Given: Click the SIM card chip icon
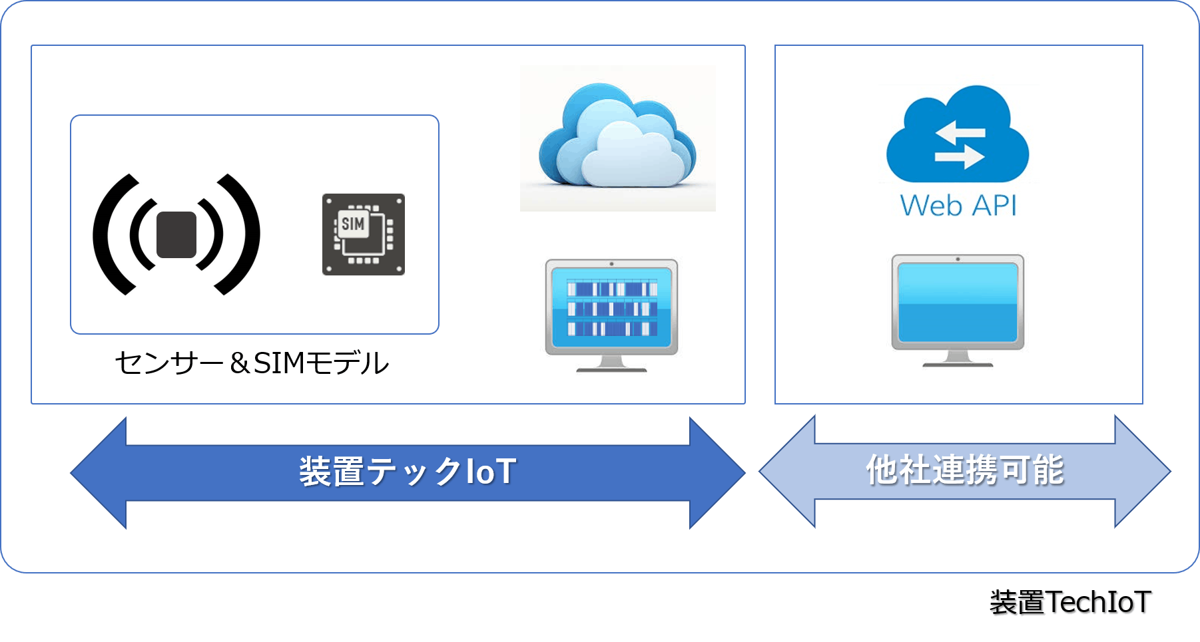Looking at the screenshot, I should [x=364, y=234].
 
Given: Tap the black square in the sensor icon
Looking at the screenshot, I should [x=176, y=234].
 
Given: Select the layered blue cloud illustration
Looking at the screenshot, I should [x=617, y=138].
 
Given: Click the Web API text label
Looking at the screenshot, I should [x=958, y=206].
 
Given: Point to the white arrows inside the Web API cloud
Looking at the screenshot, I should [x=959, y=144].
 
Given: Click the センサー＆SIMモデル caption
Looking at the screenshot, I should [x=252, y=363].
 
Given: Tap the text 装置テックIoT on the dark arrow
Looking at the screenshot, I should [x=408, y=472].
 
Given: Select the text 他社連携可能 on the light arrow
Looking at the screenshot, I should [x=964, y=470].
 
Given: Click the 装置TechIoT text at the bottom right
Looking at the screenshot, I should [x=1071, y=603].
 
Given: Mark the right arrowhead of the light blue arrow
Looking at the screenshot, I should [x=1141, y=472].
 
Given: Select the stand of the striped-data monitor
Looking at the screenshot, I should [x=611, y=363].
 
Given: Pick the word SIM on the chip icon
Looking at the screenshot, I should [x=353, y=224].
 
